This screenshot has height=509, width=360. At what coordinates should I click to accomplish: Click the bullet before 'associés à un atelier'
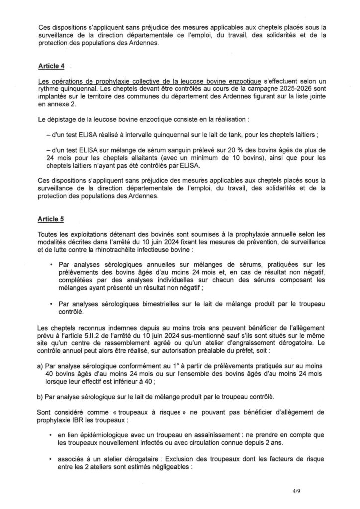tap(52, 457)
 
